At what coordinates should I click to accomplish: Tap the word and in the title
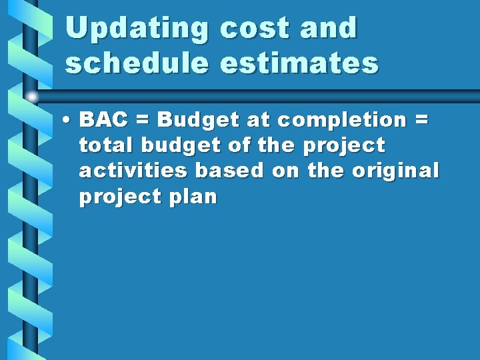[x=329, y=29]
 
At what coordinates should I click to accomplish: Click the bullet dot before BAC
[x=68, y=121]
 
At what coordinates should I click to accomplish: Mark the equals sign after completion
[x=421, y=121]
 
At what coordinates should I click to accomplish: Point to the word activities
[x=133, y=171]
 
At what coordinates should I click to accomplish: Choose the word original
[x=395, y=171]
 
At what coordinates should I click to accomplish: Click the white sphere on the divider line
[x=32, y=96]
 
